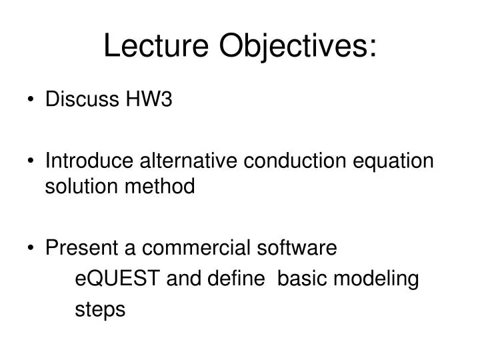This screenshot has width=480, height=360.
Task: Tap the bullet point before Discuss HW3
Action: tap(32, 101)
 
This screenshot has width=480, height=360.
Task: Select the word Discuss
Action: tap(81, 100)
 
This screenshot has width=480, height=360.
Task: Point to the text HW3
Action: tap(148, 100)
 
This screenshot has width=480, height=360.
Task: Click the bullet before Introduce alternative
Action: tap(32, 161)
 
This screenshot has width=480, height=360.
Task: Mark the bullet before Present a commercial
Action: tap(32, 249)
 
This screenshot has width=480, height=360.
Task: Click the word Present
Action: tap(81, 248)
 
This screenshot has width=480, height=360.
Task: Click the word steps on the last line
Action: tap(100, 310)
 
